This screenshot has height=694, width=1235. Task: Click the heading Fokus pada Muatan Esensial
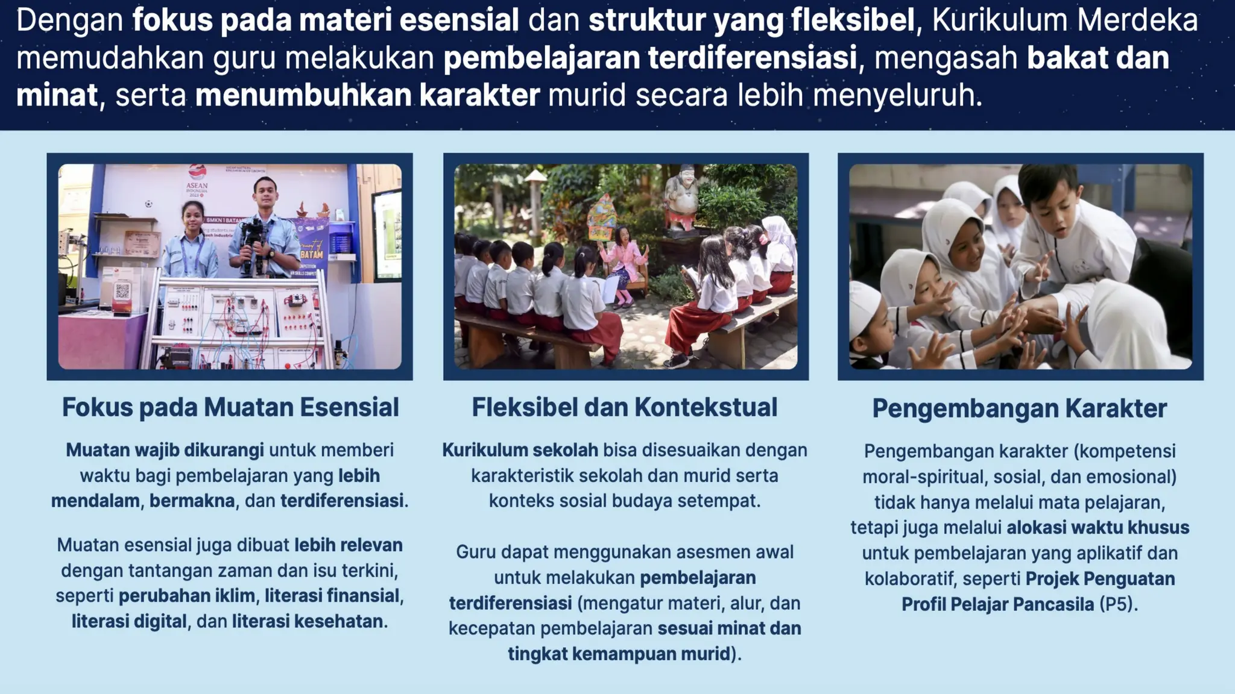[x=230, y=408]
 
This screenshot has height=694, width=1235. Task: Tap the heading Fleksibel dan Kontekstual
[x=625, y=408]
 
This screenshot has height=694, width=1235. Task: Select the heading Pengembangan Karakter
[x=1019, y=409]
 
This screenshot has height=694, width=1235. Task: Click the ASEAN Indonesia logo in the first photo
[x=197, y=180]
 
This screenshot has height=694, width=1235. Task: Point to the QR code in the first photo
[x=122, y=292]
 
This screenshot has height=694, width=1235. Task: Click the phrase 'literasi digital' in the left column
[x=129, y=621]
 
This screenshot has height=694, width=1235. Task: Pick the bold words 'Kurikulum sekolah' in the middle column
[x=520, y=450]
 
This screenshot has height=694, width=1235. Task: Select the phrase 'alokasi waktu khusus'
[x=1098, y=528]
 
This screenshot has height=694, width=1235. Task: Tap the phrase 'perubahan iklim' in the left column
[x=186, y=596]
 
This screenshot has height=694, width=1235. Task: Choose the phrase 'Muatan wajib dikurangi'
[x=165, y=450]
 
